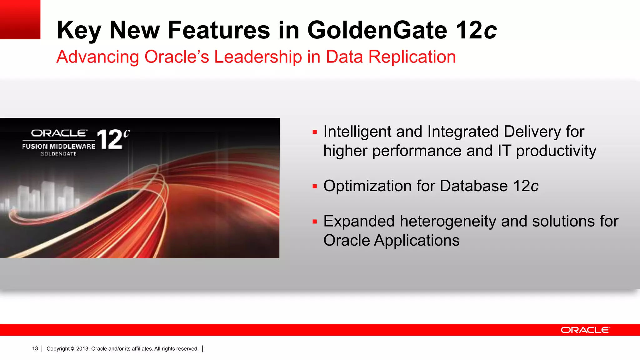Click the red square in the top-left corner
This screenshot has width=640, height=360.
pos(20,19)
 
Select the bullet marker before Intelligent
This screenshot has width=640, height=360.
pos(315,132)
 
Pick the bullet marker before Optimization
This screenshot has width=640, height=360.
pos(315,187)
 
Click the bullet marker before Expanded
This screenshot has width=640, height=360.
pos(315,222)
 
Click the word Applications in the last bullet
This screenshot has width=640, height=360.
pos(417,240)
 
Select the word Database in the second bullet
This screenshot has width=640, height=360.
pos(473,186)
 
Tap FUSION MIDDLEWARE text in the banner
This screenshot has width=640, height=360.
pos(58,146)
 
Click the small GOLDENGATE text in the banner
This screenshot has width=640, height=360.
pos(58,154)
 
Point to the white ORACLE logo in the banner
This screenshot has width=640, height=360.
pos(59,133)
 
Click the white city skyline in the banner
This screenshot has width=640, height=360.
pos(44,197)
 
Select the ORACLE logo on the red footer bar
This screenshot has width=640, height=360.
pos(585,330)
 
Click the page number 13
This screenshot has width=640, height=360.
pos(35,349)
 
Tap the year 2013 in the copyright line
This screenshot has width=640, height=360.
pos(82,349)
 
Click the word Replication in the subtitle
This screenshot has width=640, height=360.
pos(412,57)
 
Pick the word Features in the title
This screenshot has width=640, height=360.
pos(219,30)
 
